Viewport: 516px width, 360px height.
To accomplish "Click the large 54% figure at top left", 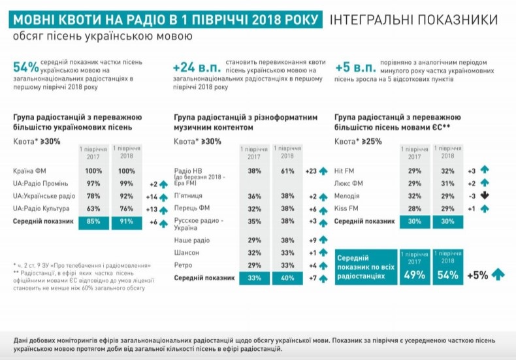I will (x=25, y=67).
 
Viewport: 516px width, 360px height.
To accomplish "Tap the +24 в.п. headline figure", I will (x=196, y=67).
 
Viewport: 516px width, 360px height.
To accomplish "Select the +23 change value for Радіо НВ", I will (x=310, y=171).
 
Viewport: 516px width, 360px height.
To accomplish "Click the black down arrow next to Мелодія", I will (x=484, y=196).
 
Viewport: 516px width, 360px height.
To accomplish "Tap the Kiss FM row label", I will (x=344, y=209).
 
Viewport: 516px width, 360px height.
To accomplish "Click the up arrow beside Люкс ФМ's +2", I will (x=484, y=184).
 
